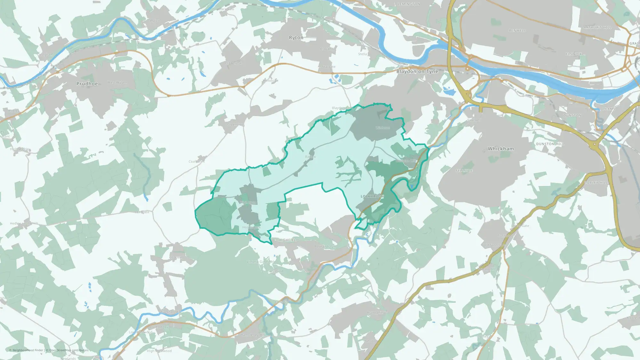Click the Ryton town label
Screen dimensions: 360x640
tap(296, 38)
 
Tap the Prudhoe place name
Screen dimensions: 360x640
tap(87, 84)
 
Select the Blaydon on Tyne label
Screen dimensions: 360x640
tap(417, 71)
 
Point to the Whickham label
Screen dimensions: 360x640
tap(501, 149)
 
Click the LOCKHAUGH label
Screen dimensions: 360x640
tap(372, 196)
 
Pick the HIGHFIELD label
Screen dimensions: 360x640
tap(289, 240)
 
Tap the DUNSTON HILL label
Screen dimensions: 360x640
tap(550, 144)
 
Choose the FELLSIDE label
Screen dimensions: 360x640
tap(464, 171)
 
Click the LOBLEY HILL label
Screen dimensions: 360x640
tap(596, 183)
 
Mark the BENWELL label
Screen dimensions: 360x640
tap(517, 31)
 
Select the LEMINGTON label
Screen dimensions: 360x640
tap(409, 4)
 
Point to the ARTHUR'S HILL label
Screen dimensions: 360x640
tap(597, 28)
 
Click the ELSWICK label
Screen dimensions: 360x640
tap(574, 54)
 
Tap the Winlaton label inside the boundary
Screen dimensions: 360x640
tap(383, 128)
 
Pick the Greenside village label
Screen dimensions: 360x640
tap(236, 124)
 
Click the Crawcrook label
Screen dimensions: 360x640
tap(234, 63)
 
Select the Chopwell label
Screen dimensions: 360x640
tap(176, 258)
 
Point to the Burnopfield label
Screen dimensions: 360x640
tap(377, 313)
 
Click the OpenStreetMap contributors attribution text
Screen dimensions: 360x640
tap(69, 350)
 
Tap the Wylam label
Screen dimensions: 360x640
tap(156, 21)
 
